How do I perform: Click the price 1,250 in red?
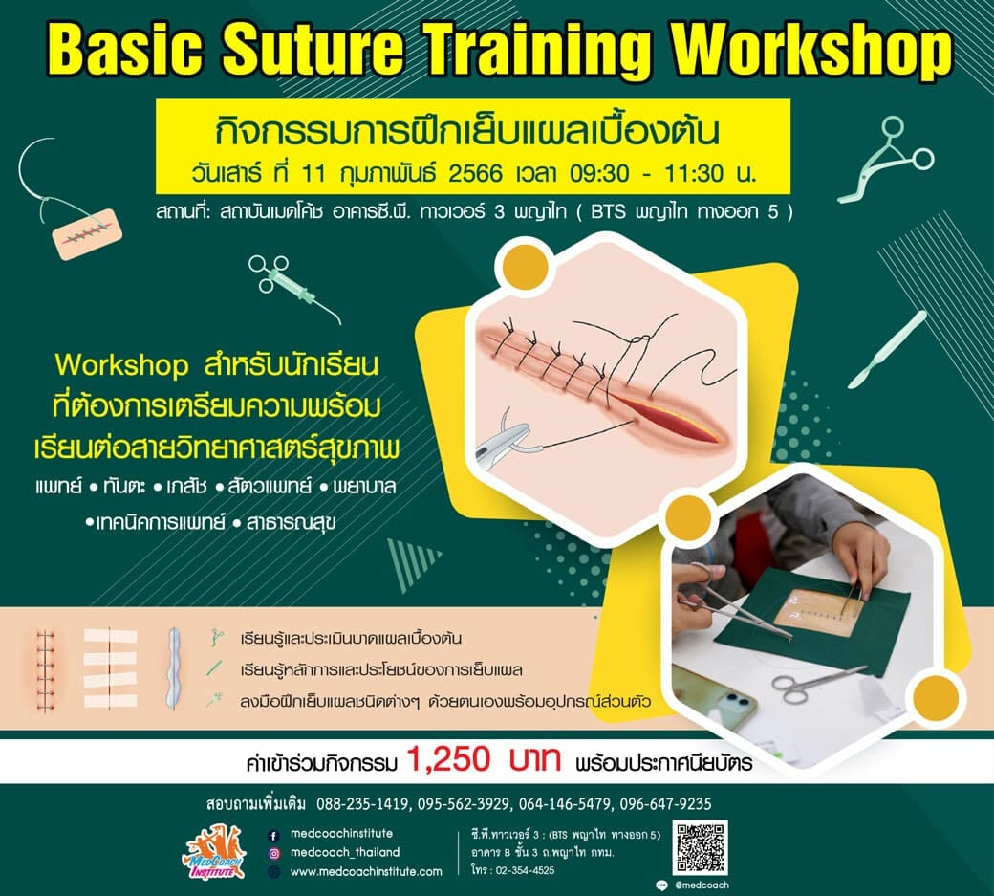point(449,758)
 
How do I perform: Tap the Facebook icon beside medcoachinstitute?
point(274,836)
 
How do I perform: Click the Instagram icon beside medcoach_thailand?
point(274,854)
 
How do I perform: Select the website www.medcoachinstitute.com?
point(366,871)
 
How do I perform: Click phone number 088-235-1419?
point(362,804)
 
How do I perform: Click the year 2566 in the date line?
point(475,172)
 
